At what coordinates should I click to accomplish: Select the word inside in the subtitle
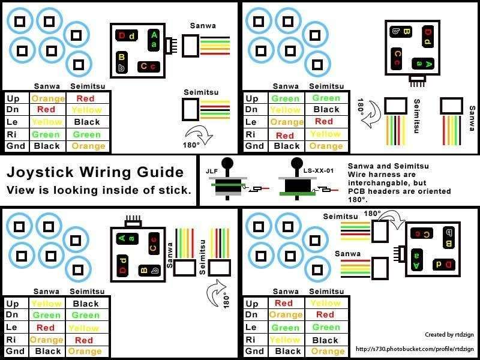click(x=136, y=190)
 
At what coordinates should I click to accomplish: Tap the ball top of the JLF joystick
click(x=227, y=163)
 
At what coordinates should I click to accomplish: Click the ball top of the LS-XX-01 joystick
click(x=296, y=163)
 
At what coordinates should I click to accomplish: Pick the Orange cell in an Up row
click(x=48, y=98)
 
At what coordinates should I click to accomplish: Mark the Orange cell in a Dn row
click(x=286, y=314)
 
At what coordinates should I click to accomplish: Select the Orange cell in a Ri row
click(x=47, y=340)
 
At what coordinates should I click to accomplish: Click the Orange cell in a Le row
click(x=287, y=122)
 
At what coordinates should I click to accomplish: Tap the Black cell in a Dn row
click(x=326, y=110)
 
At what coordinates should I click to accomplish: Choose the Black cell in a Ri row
click(x=326, y=340)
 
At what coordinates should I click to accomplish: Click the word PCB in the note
click(x=356, y=191)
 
